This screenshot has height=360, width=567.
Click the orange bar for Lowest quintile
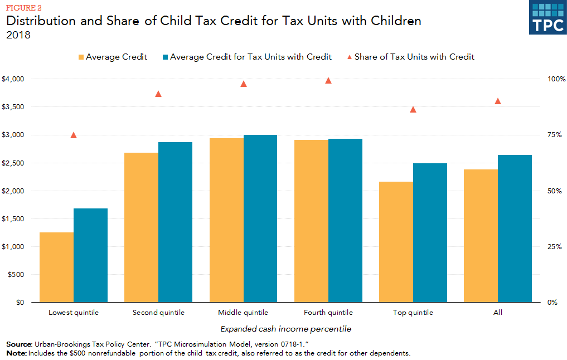click(56, 267)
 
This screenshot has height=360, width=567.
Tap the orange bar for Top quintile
click(396, 242)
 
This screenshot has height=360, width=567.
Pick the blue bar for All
click(515, 228)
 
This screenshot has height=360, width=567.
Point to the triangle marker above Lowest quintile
click(74, 135)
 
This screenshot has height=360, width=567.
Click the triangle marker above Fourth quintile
click(328, 80)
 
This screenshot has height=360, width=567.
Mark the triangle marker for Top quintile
click(413, 109)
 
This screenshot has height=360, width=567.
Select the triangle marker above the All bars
click(498, 101)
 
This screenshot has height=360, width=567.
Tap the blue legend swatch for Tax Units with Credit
click(164, 57)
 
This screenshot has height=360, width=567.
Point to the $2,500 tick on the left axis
click(13, 163)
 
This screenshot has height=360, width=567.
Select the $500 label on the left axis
click(16, 275)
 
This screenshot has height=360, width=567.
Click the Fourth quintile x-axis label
click(328, 313)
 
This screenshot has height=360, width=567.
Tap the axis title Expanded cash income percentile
click(285, 329)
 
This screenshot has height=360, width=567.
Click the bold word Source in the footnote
click(18, 345)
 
